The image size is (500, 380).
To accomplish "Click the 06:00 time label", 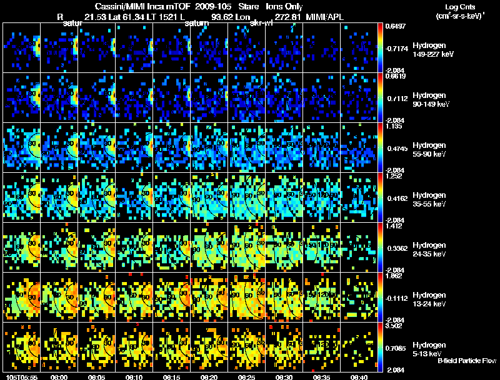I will (59, 377).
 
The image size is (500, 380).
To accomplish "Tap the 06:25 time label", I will (247, 377).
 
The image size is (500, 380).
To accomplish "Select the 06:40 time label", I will (359, 377).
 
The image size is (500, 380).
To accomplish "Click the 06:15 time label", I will (172, 377).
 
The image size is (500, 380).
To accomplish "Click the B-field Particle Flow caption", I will (467, 361).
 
